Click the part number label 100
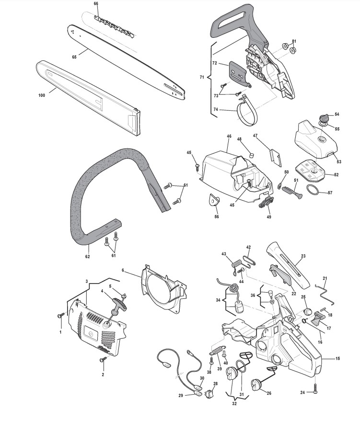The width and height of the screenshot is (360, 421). click(42, 96)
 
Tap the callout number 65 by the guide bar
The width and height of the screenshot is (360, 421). click(74, 57)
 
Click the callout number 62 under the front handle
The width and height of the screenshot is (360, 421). click(88, 257)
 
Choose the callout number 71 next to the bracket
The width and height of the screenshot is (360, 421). click(202, 76)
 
